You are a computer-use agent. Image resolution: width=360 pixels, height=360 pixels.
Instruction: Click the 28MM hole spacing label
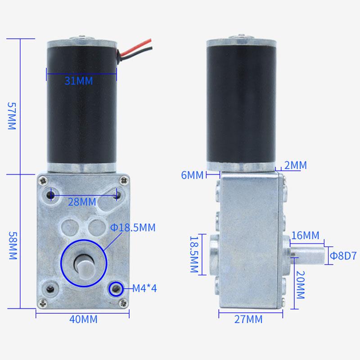82,202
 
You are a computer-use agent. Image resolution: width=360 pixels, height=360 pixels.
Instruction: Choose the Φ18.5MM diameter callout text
132,228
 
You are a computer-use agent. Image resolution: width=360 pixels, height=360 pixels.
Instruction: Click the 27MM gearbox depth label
248,319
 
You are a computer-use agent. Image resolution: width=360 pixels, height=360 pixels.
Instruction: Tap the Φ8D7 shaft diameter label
343,255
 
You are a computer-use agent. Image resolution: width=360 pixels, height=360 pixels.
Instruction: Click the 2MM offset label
296,166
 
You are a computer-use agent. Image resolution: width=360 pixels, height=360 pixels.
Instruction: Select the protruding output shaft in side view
308,255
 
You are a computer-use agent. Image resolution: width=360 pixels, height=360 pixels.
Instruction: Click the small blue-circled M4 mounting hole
115,288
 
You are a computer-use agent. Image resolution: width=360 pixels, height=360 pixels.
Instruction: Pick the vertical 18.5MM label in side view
194,254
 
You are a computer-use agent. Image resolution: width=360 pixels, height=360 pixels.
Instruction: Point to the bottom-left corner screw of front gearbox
42,302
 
